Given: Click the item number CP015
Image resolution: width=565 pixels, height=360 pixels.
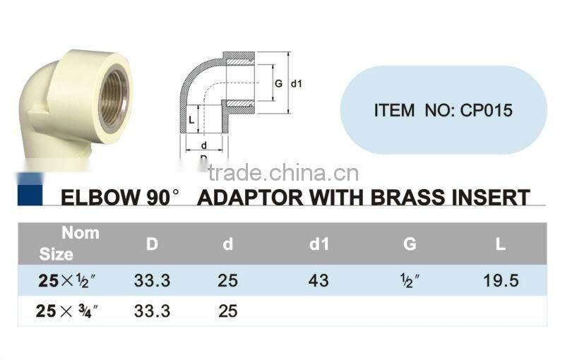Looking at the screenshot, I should point(486,110).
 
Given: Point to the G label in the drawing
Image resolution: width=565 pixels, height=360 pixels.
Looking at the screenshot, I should point(278,83).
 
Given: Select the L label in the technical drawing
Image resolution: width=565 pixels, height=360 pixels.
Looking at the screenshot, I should point(191,121).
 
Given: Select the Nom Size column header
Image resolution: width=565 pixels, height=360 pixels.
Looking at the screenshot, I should point(68,243).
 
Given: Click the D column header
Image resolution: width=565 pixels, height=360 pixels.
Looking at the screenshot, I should point(152,245).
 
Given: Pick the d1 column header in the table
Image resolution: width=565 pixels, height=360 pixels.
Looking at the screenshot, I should point(319,245).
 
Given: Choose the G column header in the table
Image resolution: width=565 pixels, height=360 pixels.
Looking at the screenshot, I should point(410,245).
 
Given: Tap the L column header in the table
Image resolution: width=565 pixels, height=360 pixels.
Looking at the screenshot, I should point(500,245).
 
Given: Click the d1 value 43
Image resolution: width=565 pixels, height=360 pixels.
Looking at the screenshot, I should point(319,280).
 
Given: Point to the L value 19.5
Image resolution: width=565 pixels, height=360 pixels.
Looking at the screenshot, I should point(501,280).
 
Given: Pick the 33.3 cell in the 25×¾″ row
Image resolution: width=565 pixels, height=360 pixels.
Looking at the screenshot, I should point(152,311).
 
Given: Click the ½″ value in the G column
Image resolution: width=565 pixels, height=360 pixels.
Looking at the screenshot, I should point(410,280).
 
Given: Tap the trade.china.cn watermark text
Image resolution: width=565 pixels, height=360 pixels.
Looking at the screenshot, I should point(282,173).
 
